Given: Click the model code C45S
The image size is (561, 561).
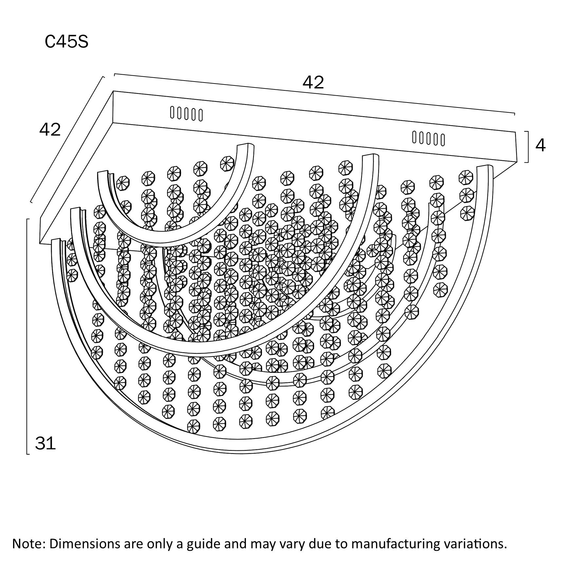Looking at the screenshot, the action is pos(66,42).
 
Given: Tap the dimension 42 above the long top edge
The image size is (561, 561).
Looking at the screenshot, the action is pos(313,82).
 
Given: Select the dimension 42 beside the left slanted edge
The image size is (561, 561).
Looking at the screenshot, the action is pos(50,130).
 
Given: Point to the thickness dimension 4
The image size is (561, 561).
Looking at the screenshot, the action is pos(540,145).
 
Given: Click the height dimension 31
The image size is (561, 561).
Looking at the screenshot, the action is pos(46,444).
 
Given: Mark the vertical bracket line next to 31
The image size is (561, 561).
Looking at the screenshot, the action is pos(27,336).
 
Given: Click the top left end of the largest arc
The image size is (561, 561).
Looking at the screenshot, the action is pos(56,240).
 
